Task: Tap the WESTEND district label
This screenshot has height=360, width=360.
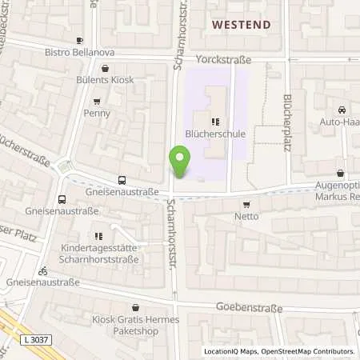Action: (241, 25)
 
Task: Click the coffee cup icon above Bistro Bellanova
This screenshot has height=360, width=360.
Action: (79, 40)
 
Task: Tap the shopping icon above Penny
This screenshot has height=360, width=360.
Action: (97, 102)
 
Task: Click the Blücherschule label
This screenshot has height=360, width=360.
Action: (214, 134)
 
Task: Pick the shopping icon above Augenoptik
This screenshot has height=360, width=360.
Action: (341, 173)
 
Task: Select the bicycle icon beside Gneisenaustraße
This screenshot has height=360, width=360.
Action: (42, 270)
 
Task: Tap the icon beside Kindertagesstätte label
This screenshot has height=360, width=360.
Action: (98, 236)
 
